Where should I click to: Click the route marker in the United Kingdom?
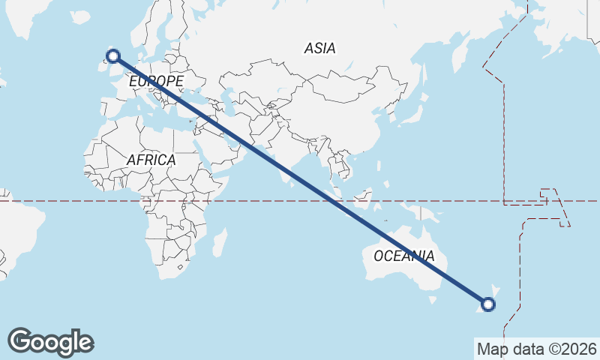[x=113, y=55]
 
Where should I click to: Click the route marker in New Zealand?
[x=488, y=304]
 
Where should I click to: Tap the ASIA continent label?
[x=320, y=49]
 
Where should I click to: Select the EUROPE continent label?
[x=156, y=81]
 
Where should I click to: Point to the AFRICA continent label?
[x=151, y=160]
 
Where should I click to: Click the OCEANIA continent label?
[x=403, y=256]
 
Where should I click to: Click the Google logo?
[x=50, y=342]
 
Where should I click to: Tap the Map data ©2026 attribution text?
[x=536, y=349]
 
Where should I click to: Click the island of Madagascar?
[x=220, y=242]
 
